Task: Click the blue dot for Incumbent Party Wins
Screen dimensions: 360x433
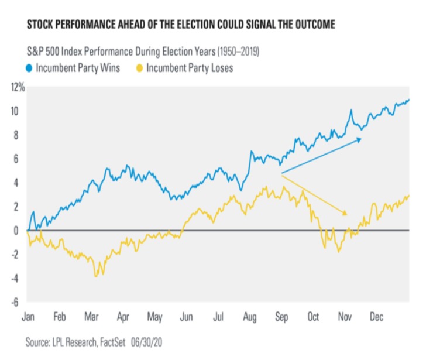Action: point(29,68)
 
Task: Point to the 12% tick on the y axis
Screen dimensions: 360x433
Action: point(17,87)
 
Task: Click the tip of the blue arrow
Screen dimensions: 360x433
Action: point(362,139)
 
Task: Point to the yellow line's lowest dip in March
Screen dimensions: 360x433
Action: point(95,276)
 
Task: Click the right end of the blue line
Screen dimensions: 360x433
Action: point(409,100)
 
